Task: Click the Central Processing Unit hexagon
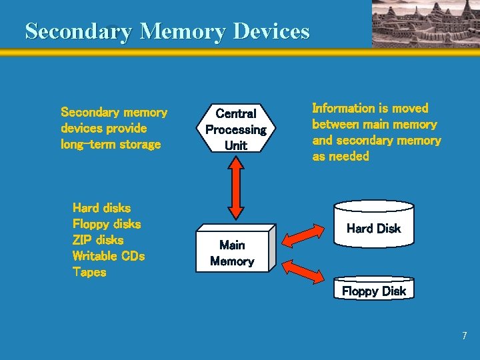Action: [x=235, y=129]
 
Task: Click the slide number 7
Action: [x=465, y=336]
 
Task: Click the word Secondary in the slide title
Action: [x=78, y=31]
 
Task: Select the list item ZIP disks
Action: [x=98, y=240]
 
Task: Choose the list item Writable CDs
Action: [x=109, y=256]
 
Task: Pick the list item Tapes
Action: [x=89, y=272]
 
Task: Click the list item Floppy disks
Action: [x=107, y=224]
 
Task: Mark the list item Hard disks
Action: [x=101, y=208]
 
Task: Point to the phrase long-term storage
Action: [x=111, y=145]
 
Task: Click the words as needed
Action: [x=341, y=157]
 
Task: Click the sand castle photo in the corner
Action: [x=425, y=23]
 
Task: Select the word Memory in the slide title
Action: [x=179, y=31]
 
